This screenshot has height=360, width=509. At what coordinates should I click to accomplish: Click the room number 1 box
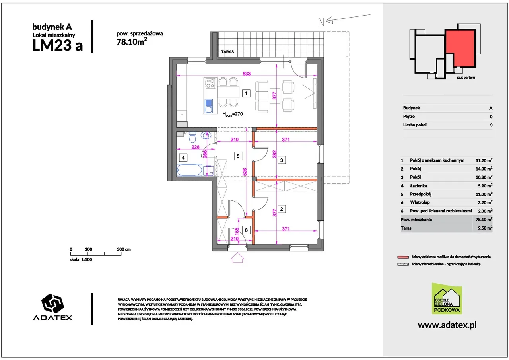(x=246, y=93)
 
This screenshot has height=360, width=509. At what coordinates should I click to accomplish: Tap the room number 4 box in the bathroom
(x=183, y=157)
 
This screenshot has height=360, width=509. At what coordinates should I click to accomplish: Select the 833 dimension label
(x=247, y=74)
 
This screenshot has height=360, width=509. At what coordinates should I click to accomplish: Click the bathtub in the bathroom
(x=190, y=170)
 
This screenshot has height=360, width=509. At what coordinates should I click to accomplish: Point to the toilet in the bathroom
(x=192, y=136)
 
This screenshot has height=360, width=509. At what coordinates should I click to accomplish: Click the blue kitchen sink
(x=209, y=106)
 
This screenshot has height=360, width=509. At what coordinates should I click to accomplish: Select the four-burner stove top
(x=210, y=83)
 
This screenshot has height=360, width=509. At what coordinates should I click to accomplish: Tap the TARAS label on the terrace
(x=227, y=52)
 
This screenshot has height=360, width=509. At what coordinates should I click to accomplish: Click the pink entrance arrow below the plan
(x=237, y=257)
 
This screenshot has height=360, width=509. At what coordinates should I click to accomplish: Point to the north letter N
(x=321, y=22)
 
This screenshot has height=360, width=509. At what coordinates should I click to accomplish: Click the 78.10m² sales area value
(x=132, y=42)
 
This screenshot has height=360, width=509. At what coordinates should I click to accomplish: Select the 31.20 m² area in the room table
(x=484, y=160)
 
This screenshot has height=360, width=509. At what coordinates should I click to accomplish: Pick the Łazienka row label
(x=418, y=186)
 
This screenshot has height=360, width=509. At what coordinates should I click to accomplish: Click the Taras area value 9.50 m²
(x=485, y=228)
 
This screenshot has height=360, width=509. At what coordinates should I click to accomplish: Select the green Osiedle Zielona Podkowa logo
(x=447, y=298)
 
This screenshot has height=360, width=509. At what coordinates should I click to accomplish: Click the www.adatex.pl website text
(x=447, y=325)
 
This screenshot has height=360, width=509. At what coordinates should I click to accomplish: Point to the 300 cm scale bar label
(x=124, y=249)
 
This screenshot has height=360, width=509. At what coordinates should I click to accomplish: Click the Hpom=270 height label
(x=233, y=114)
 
